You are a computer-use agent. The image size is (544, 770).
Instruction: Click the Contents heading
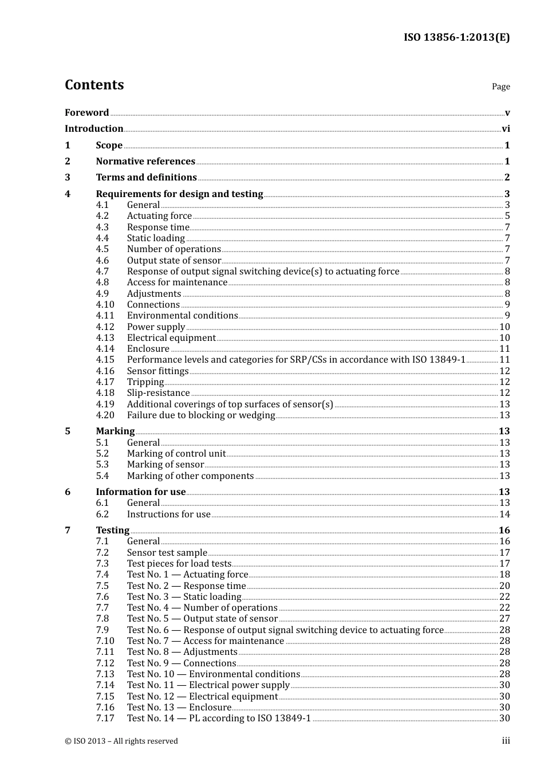tap(94, 85)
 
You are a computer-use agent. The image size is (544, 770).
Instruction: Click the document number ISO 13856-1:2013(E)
tap(456, 37)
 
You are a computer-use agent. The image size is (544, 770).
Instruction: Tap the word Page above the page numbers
tap(500, 87)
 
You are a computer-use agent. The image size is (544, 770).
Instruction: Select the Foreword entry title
tap(86, 112)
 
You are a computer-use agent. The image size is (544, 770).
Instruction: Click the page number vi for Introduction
tap(506, 129)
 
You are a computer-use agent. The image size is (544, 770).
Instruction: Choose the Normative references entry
tap(145, 162)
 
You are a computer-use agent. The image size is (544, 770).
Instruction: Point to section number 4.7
tap(102, 272)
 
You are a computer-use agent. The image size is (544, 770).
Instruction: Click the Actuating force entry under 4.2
tap(159, 216)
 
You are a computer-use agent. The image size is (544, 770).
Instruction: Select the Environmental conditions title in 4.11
tap(182, 316)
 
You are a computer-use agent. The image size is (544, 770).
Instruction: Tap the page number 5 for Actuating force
tap(507, 216)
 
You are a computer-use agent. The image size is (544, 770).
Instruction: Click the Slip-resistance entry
tap(158, 393)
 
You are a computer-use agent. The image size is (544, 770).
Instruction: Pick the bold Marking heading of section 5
tap(115, 431)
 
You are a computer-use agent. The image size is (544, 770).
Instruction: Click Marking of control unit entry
tap(176, 454)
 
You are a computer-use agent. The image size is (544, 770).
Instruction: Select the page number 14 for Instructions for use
tap(504, 514)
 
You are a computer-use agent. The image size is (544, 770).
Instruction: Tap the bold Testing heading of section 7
tap(112, 531)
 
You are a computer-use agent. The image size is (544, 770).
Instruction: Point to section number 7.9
tap(102, 630)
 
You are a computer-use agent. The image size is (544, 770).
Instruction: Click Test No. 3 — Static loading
tap(184, 597)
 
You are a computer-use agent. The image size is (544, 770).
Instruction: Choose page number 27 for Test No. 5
tap(504, 619)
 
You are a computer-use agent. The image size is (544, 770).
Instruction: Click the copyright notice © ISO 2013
tap(121, 741)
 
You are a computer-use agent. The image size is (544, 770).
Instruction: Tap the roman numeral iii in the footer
tap(506, 741)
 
